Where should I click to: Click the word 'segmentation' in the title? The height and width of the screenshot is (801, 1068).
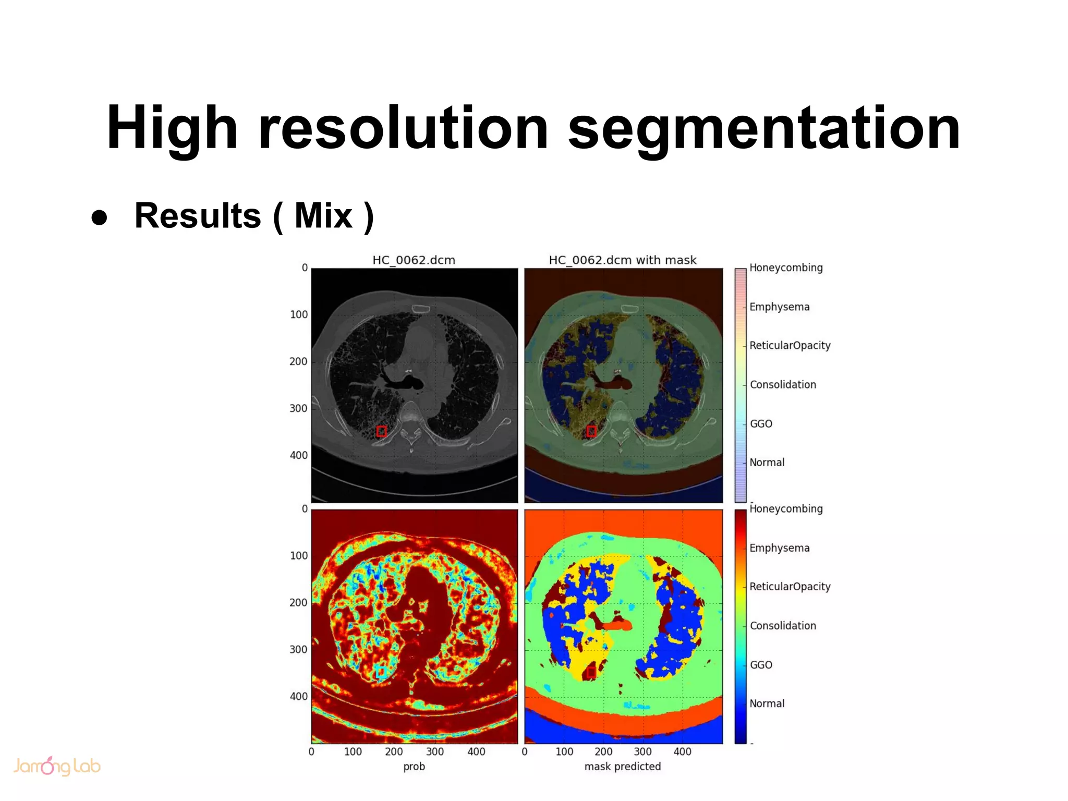pyautogui.click(x=763, y=128)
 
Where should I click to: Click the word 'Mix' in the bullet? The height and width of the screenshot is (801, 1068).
pyautogui.click(x=323, y=215)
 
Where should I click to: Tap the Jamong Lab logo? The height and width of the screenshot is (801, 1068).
pyautogui.click(x=56, y=766)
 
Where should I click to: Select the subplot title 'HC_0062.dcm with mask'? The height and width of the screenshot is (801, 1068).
pyautogui.click(x=622, y=260)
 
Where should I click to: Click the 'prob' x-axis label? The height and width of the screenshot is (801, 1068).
pyautogui.click(x=414, y=766)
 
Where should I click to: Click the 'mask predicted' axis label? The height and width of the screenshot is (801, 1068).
pyautogui.click(x=622, y=766)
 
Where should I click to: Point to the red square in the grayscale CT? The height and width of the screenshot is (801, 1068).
pyautogui.click(x=381, y=431)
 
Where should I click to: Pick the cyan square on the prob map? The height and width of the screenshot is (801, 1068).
pyautogui.click(x=381, y=672)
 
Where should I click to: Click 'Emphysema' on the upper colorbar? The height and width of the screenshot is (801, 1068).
pyautogui.click(x=779, y=307)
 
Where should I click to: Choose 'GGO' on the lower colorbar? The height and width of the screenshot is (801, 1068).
pyautogui.click(x=761, y=665)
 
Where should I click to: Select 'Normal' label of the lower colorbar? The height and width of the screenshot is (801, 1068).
pyautogui.click(x=767, y=703)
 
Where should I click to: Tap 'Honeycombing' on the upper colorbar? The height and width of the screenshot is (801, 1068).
pyautogui.click(x=786, y=268)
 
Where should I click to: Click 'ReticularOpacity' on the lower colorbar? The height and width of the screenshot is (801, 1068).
pyautogui.click(x=790, y=587)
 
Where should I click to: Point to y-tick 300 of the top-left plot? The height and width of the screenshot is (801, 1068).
pyautogui.click(x=298, y=408)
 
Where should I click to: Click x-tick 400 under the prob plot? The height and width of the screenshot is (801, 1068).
pyautogui.click(x=476, y=751)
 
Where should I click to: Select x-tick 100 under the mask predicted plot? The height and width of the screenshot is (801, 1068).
pyautogui.click(x=564, y=751)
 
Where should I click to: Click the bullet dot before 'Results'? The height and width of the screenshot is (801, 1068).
pyautogui.click(x=99, y=217)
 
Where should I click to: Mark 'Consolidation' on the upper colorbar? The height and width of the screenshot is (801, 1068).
pyautogui.click(x=783, y=385)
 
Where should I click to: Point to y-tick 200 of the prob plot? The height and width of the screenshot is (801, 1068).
pyautogui.click(x=298, y=602)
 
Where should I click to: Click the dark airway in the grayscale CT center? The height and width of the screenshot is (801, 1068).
pyautogui.click(x=407, y=384)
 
